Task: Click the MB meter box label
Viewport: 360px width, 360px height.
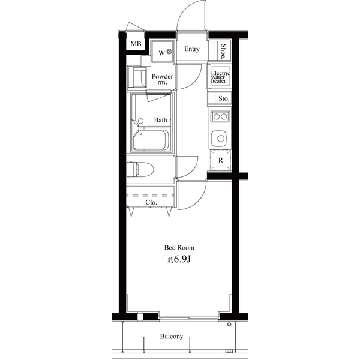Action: [136, 44]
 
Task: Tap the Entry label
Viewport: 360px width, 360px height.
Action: [192, 49]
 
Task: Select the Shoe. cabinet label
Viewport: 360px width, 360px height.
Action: [223, 52]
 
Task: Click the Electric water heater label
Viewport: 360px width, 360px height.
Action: [220, 77]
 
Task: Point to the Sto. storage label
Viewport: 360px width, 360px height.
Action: [224, 98]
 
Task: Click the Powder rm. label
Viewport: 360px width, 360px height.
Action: [163, 79]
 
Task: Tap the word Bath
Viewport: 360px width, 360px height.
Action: [160, 120]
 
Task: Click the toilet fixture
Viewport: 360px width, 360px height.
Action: [140, 169]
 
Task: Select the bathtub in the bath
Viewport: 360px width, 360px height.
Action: [151, 140]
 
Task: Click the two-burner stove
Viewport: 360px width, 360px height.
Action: [220, 116]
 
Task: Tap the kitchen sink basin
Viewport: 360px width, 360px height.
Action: [219, 139]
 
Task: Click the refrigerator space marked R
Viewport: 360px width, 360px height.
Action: [220, 160]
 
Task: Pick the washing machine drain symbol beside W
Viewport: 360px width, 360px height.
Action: [169, 52]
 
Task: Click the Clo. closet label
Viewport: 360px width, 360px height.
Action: [151, 203]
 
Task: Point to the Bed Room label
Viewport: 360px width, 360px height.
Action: [179, 247]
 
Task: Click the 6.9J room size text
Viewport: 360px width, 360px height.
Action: [182, 259]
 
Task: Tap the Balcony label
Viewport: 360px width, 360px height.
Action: [172, 337]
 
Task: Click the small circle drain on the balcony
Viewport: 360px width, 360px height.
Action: [229, 325]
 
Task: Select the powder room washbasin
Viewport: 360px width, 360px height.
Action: [137, 77]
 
